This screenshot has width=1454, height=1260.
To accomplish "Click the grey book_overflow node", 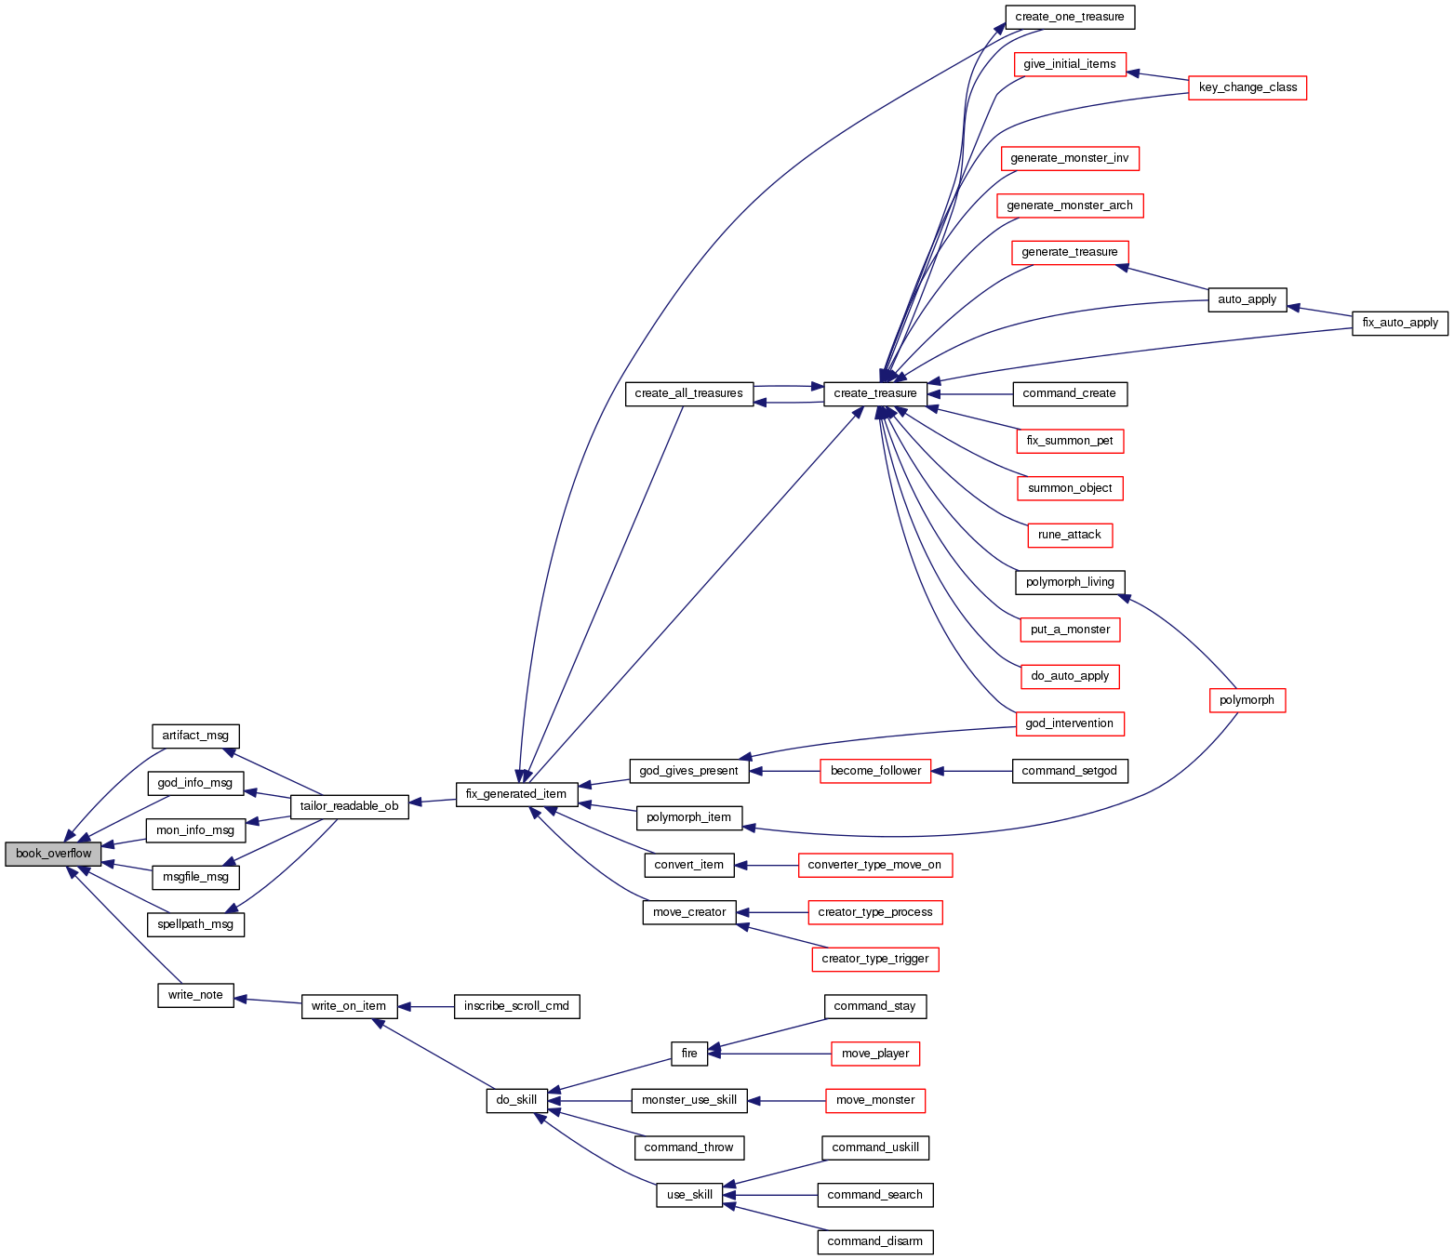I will pos(53,854).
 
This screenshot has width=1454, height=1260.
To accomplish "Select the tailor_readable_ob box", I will pos(349,806).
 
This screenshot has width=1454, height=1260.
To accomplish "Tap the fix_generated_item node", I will pos(516,794).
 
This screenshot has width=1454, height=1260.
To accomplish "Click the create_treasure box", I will pos(875,393).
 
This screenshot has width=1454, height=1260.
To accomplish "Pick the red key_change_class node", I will pos(1247,87).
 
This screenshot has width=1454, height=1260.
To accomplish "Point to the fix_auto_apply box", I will pos(1400,323).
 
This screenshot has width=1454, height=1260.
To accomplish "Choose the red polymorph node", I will pos(1247,700).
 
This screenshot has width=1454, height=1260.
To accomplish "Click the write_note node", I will pos(195,995).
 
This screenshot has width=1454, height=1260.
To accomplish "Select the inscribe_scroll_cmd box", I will pos(516,1006).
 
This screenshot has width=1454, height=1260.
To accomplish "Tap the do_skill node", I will pos(516,1100).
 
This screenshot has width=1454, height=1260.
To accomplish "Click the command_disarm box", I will pos(874,1241).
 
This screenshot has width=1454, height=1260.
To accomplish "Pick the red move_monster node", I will pos(875,1100).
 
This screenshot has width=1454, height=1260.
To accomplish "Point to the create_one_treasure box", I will pos(1070,17).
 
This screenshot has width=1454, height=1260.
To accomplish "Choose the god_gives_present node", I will pos(688,771).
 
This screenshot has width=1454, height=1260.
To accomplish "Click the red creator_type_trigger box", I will pos(875,959).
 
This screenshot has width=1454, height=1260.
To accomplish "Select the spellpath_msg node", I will pos(195,924).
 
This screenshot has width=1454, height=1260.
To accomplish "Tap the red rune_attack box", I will pos(1070,535).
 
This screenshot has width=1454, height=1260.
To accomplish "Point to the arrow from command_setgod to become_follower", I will pos(971,771).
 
